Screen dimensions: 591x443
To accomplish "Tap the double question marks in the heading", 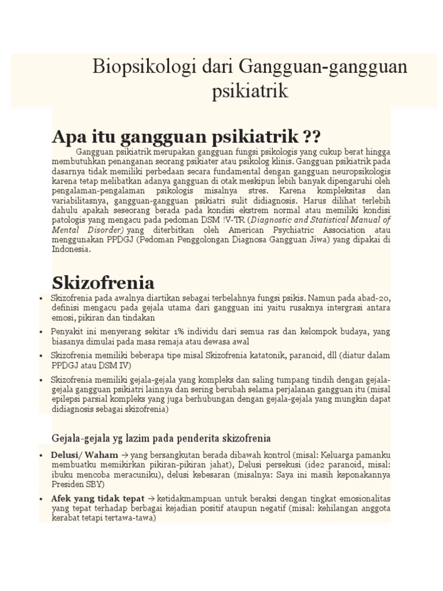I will [x=311, y=137].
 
